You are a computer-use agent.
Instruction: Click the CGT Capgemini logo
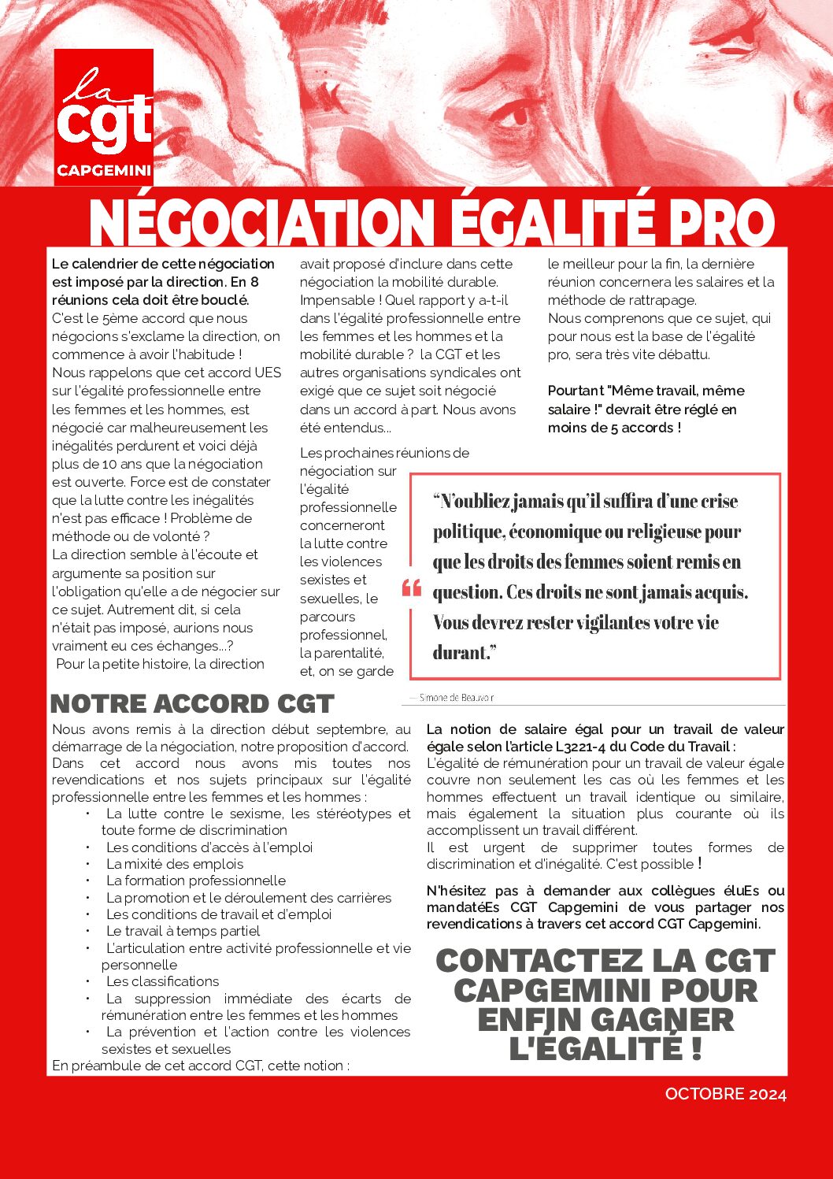(104, 117)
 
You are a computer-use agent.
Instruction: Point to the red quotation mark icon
(412, 588)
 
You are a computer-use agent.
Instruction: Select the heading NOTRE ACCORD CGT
(192, 703)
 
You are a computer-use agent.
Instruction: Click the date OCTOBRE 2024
(725, 1094)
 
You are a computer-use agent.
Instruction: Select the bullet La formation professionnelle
(196, 881)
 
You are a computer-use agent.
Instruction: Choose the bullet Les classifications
(163, 981)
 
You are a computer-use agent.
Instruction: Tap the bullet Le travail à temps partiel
(183, 931)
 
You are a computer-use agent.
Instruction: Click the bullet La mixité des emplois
(175, 864)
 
